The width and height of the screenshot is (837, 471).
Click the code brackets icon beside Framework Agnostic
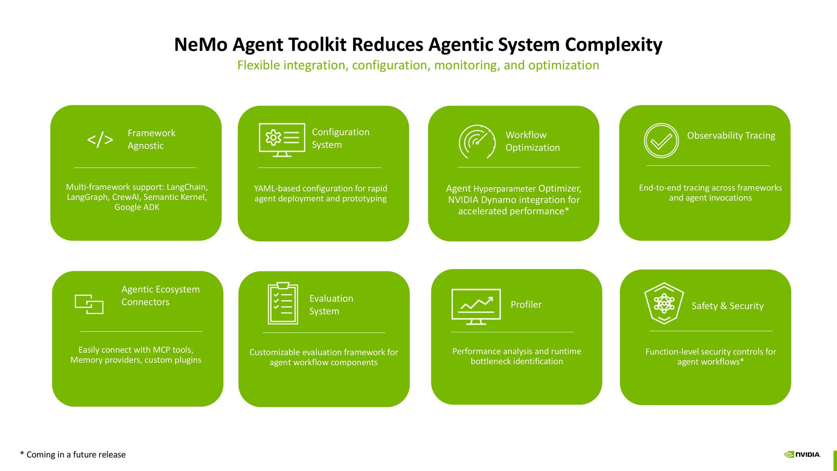tap(100, 140)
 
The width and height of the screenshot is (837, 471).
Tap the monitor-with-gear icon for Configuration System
tap(282, 140)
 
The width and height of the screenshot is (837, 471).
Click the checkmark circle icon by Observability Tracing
tap(661, 140)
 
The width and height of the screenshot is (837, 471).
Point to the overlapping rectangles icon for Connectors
tap(89, 304)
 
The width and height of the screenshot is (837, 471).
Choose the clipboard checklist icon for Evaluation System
tap(282, 304)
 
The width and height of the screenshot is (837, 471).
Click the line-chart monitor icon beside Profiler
tap(476, 306)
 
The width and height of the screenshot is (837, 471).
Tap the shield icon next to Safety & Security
tap(664, 303)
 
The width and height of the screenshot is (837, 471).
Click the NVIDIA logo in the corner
tap(802, 454)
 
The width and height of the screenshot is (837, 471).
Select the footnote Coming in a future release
tap(73, 454)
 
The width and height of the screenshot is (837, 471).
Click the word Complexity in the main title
tap(613, 44)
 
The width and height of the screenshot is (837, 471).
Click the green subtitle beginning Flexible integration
tap(418, 65)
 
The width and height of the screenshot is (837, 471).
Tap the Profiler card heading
tap(526, 304)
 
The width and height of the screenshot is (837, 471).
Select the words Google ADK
tap(137, 207)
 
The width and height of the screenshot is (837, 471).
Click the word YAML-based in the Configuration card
tap(277, 188)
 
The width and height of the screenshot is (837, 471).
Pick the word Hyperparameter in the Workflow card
tap(504, 189)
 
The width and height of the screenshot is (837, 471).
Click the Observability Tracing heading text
tap(731, 136)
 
